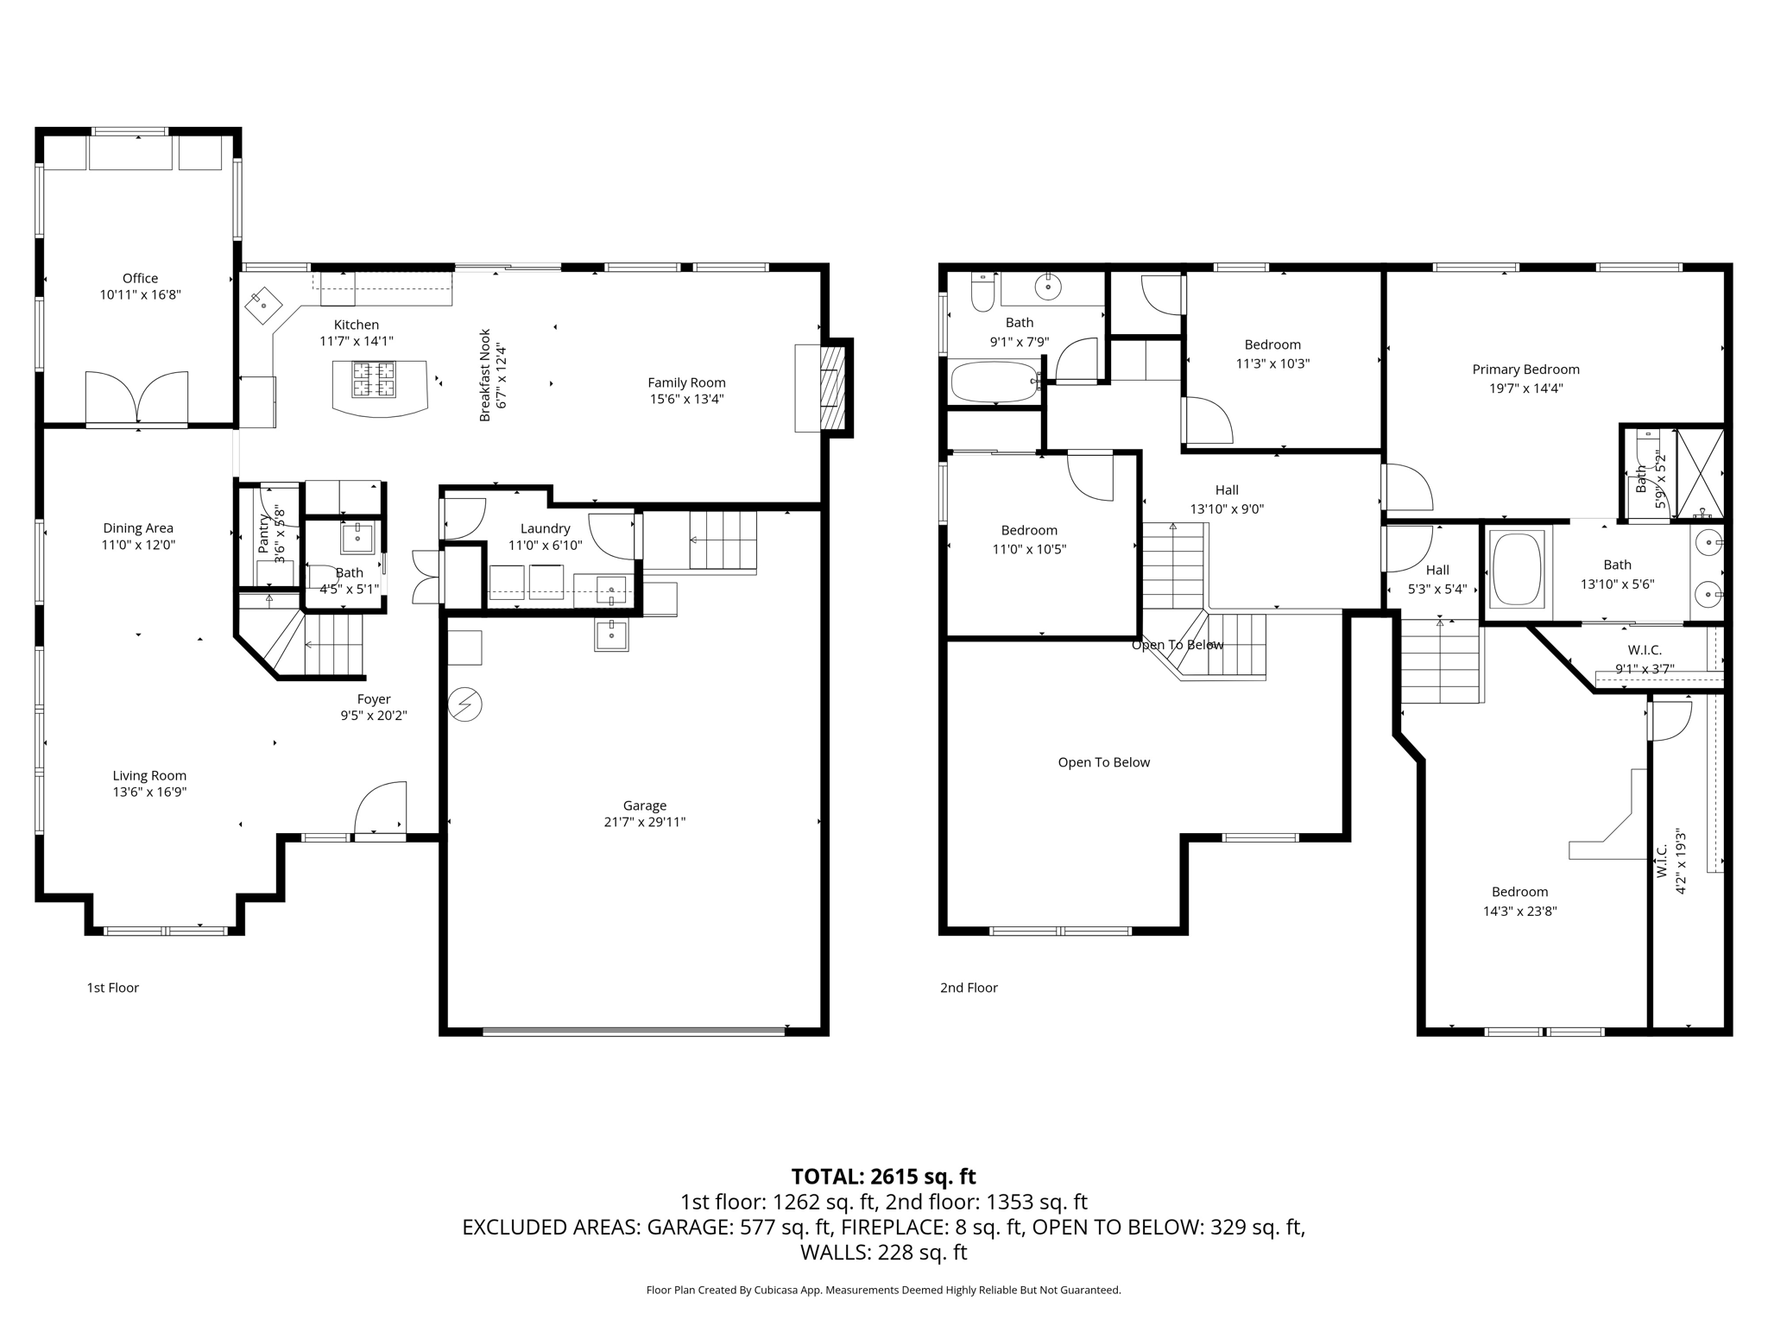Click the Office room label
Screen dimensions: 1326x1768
pos(140,278)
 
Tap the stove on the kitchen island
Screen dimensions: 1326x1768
pos(374,380)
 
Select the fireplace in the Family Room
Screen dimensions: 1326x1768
pos(830,388)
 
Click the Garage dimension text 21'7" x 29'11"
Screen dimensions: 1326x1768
pos(644,822)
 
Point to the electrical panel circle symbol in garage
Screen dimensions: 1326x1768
pos(465,705)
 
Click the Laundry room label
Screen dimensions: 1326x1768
pos(545,528)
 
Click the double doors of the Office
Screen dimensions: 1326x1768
pos(136,398)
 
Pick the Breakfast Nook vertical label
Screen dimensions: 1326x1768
pos(485,376)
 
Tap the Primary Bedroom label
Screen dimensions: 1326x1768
pos(1525,369)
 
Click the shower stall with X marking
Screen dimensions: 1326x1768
pos(1699,474)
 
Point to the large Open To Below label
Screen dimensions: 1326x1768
pos(1103,762)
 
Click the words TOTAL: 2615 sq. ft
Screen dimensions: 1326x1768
pos(883,1177)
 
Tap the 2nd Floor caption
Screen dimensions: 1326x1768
pos(969,988)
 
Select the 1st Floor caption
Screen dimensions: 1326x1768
pos(112,988)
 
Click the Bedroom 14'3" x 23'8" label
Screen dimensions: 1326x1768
pos(1519,892)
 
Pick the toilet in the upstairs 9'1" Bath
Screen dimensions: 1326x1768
pos(982,294)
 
